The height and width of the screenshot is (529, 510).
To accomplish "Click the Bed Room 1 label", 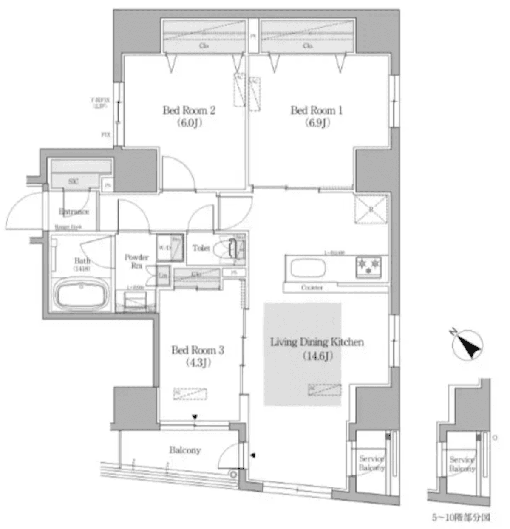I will pos(317,110).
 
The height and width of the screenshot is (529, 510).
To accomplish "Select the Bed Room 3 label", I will pos(198,350).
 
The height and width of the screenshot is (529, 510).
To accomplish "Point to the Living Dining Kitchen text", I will pos(317,342).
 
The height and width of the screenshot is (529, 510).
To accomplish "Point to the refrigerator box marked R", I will pos(371,209).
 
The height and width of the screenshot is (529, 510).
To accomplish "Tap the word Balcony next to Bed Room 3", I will pos(185,450).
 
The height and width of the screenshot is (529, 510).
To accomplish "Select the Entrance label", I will pos(74,211).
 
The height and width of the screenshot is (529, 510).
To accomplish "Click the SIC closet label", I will pos(73,181).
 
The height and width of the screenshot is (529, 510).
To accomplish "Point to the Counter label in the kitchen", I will pos(312,288).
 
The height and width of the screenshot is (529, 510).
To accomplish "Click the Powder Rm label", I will pos(136,261).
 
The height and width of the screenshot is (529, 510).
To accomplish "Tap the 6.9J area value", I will pos(317,123).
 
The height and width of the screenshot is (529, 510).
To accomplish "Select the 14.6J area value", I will pos(317,356).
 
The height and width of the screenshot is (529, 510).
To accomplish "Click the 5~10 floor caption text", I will pos(461,518).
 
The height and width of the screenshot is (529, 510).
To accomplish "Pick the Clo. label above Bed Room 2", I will pos(204,45).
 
